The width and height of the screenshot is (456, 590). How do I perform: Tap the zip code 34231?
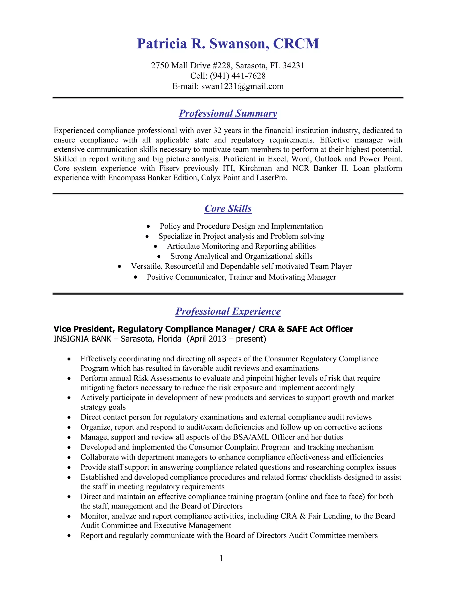pos(293,66)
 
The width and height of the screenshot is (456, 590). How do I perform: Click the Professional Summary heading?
pos(228,114)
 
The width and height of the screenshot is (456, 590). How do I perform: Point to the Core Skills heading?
pos(228,209)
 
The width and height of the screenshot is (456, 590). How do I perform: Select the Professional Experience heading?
pos(228,311)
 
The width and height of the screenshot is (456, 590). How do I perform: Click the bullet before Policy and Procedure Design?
pos(148,226)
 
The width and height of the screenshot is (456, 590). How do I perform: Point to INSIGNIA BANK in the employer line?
pos(82,339)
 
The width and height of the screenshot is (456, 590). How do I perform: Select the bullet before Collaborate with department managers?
pos(69,458)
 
